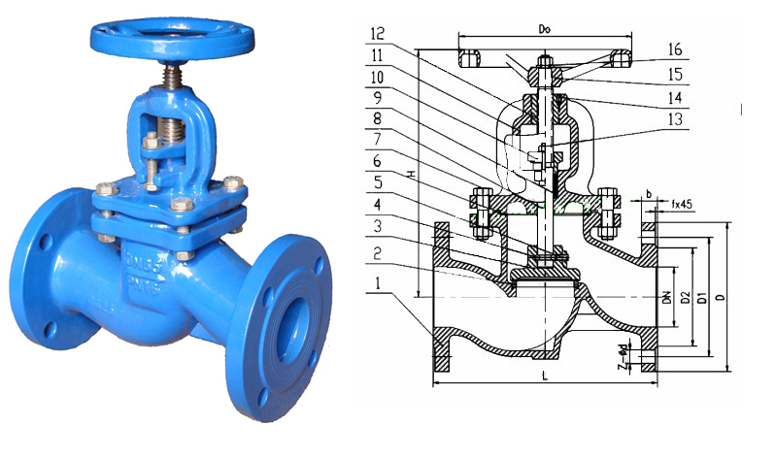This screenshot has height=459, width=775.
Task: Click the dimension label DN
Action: pyautogui.click(x=667, y=301)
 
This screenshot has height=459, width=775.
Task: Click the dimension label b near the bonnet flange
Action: pyautogui.click(x=649, y=194)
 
